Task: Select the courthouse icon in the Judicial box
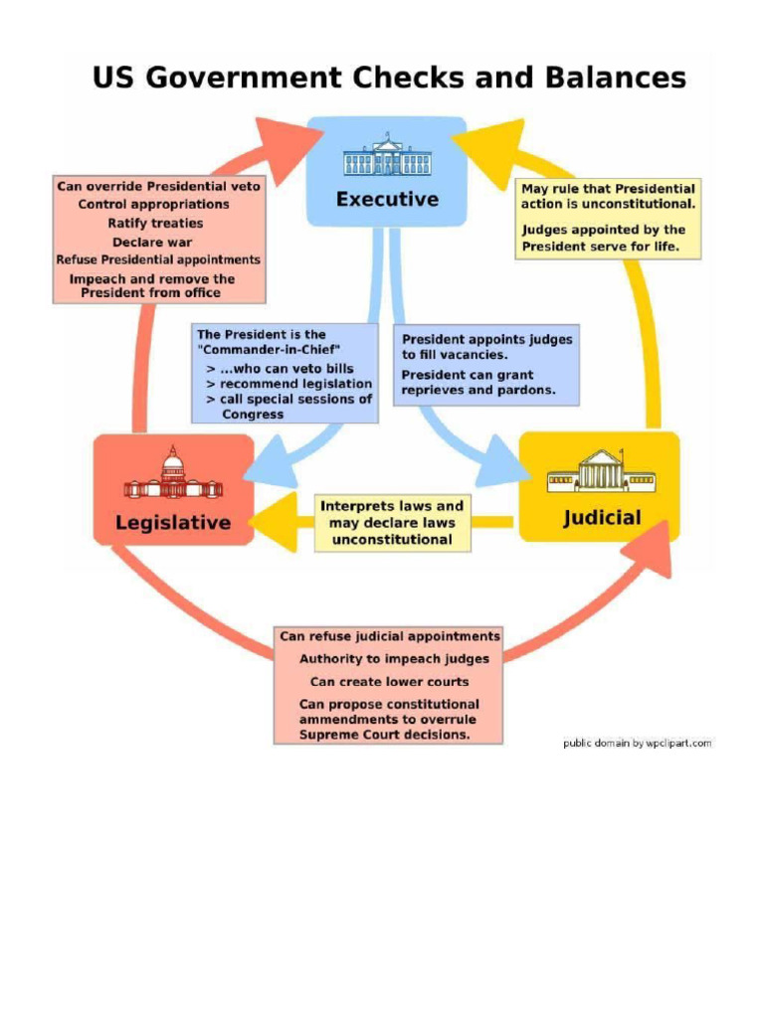tap(601, 470)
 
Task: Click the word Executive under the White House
tap(387, 199)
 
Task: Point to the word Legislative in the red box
tap(173, 523)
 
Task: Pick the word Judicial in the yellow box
tap(602, 517)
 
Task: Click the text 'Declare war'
tap(152, 243)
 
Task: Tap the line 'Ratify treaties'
tap(155, 224)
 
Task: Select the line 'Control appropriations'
tap(153, 205)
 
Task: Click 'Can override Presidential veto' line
tap(158, 186)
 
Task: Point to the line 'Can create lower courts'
tap(389, 682)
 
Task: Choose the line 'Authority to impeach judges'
tap(394, 659)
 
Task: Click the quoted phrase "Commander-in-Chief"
tap(269, 350)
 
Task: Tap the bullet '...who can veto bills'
tap(280, 368)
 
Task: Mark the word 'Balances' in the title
tap(616, 78)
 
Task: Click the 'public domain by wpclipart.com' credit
tap(638, 743)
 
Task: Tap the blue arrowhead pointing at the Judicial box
tap(503, 463)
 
